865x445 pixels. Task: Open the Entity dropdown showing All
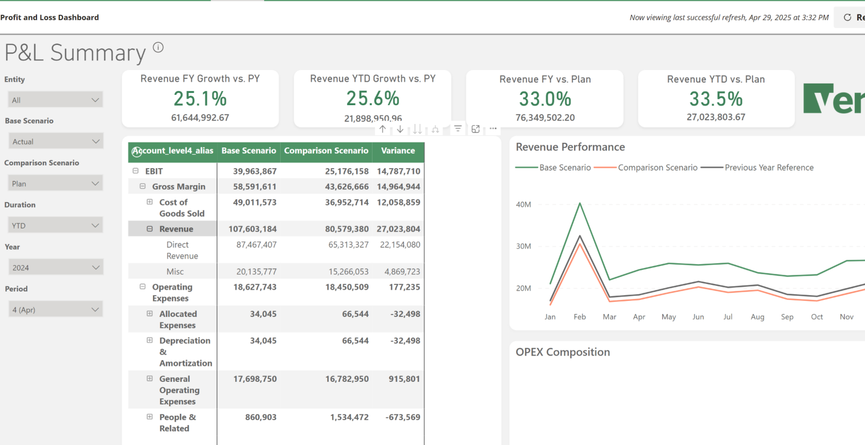[x=55, y=100]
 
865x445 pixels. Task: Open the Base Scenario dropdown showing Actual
[x=55, y=141]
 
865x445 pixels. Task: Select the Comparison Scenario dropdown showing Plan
[x=55, y=184]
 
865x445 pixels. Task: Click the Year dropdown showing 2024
[x=55, y=267]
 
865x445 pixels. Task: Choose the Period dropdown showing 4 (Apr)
[x=55, y=310]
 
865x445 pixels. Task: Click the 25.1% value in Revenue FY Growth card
[x=200, y=99]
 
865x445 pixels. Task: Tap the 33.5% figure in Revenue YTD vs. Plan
[x=716, y=99]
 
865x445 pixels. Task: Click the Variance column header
[x=398, y=151]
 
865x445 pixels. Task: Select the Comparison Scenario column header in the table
[x=326, y=151]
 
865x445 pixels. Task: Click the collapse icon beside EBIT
[x=136, y=171]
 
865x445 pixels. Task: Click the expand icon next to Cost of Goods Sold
[x=149, y=202]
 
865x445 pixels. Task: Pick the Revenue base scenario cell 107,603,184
[x=252, y=229]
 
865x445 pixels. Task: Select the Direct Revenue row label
[x=182, y=250]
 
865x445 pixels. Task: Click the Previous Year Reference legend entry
[x=768, y=168]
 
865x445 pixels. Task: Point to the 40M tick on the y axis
[x=523, y=204]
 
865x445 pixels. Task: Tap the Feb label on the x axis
[x=579, y=317]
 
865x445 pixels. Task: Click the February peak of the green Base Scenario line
[x=580, y=203]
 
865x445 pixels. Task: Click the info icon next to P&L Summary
[x=158, y=48]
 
